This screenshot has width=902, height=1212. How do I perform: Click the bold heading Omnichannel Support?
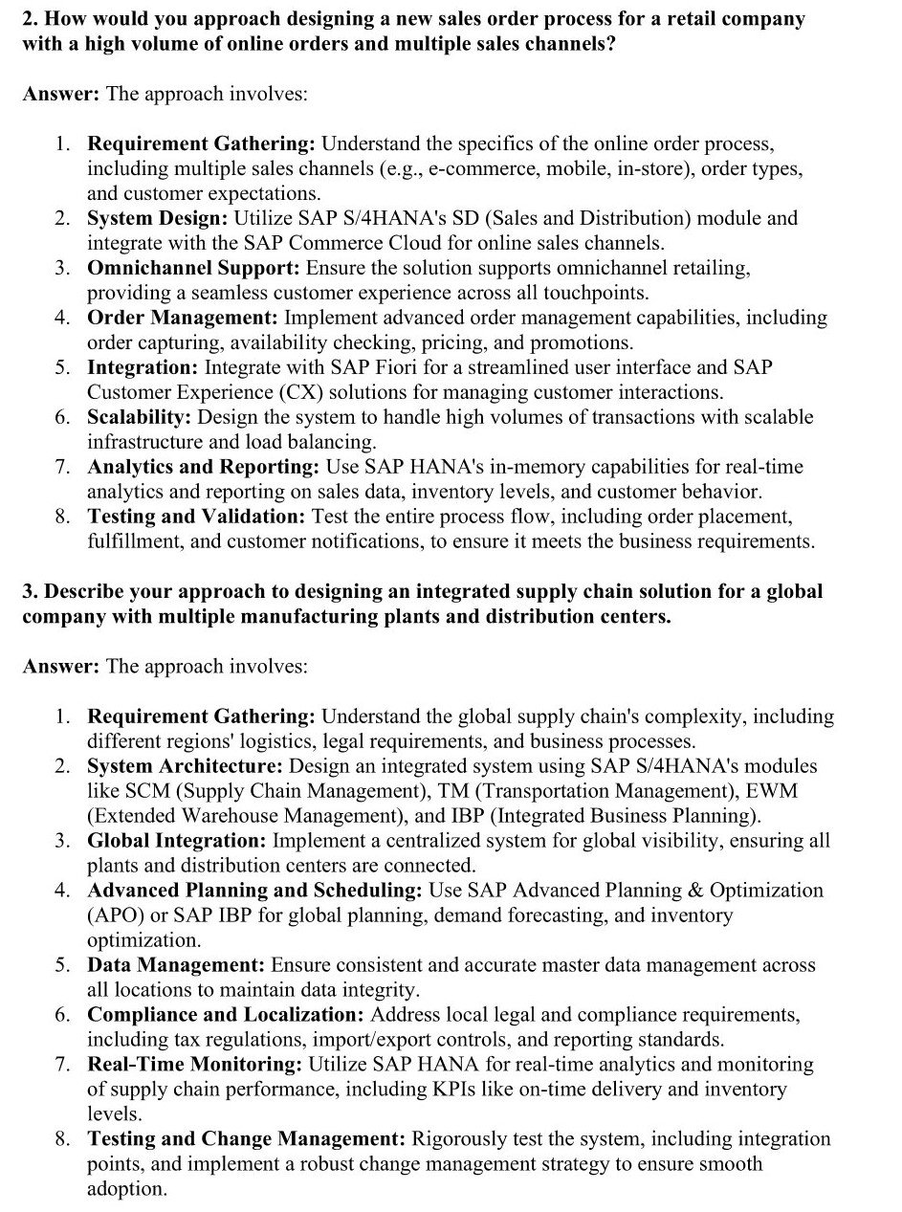[x=193, y=268]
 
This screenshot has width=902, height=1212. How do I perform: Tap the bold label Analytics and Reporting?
[x=203, y=467]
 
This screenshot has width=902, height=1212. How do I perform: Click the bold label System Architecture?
[x=185, y=766]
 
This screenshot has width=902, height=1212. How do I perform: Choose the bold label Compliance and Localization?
[x=225, y=1014]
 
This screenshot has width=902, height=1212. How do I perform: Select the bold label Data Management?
[x=175, y=965]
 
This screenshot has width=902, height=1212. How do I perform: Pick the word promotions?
[x=583, y=342]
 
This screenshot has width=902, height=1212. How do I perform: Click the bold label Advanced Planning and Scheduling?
[x=253, y=891]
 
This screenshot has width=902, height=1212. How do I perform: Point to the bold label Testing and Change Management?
[x=247, y=1138]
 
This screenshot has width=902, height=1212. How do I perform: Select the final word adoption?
[x=126, y=1189]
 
